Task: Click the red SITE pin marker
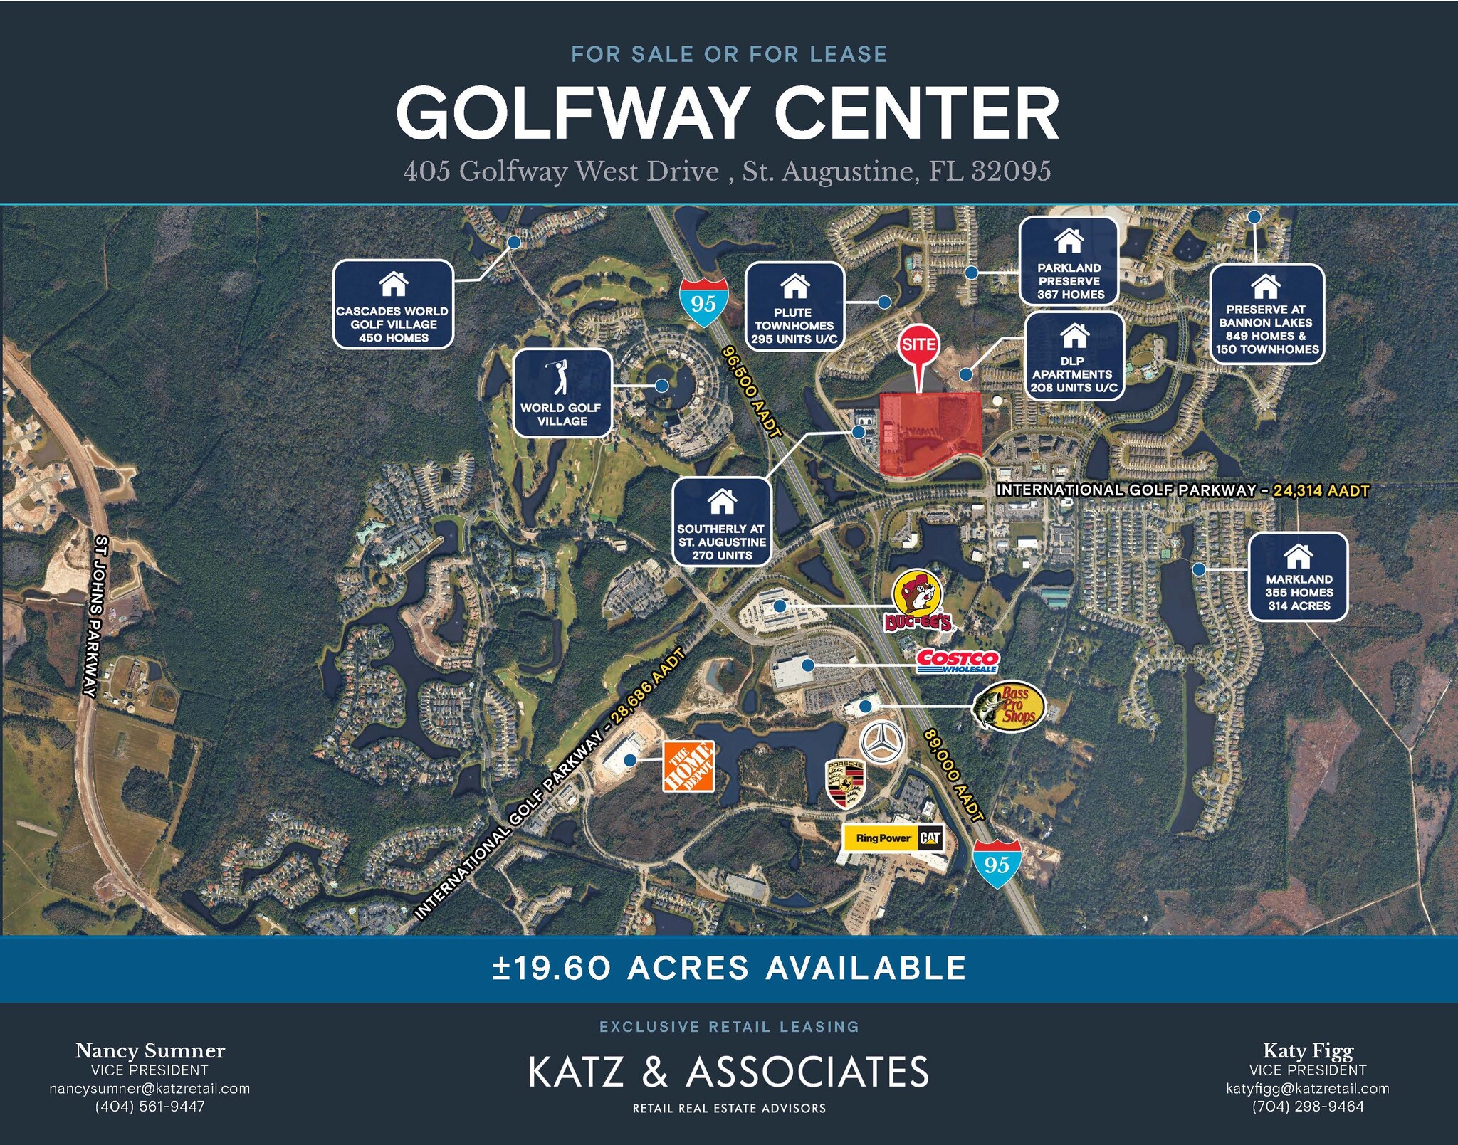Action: point(918,347)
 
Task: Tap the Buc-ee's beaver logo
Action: point(918,600)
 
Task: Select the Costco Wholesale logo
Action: point(958,660)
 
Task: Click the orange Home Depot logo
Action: point(688,766)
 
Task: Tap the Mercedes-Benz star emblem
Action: point(883,742)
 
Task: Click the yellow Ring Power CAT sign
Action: point(893,838)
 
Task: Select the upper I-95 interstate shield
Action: point(703,302)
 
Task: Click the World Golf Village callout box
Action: point(562,393)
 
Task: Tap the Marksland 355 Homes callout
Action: point(1299,576)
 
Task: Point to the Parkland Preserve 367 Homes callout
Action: point(1069,261)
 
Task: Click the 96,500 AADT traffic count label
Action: point(752,391)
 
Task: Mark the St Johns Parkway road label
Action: point(95,616)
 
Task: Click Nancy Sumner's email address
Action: point(150,1089)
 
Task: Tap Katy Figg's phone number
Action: point(1308,1107)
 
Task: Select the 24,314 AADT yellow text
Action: point(1321,490)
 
